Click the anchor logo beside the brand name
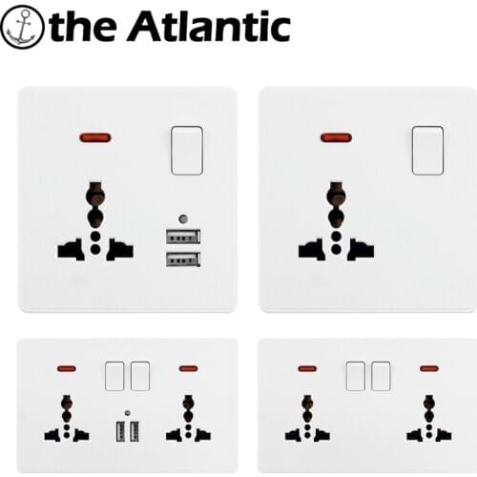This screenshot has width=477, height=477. click(22, 27)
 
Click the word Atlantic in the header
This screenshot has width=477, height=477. click(210, 26)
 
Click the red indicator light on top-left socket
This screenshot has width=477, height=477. click(95, 138)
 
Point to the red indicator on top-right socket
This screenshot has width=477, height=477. click(337, 138)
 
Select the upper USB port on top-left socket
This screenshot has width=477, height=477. click(183, 237)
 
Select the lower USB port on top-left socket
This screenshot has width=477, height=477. click(183, 259)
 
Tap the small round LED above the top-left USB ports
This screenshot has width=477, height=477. click(183, 218)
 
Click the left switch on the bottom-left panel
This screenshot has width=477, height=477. click(114, 376)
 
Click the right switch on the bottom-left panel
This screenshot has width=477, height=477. click(140, 376)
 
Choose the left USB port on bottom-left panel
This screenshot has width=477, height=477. click(121, 431)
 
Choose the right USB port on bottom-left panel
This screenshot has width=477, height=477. click(135, 431)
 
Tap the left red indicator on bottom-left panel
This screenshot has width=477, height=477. click(67, 369)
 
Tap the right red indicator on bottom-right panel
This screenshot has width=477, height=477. click(429, 369)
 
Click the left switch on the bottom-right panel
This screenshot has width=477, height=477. click(356, 376)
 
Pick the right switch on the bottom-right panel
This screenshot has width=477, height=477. click(381, 376)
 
